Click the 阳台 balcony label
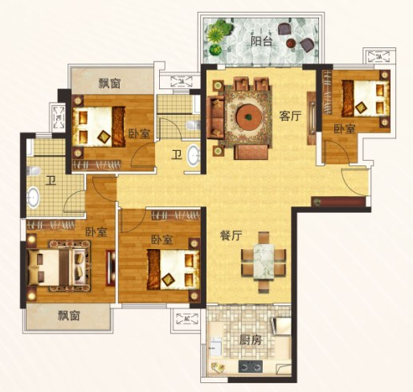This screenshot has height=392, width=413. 261,41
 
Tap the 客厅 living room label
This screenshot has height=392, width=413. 290,116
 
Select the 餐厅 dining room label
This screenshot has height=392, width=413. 231,235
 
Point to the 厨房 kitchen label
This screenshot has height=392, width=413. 250,341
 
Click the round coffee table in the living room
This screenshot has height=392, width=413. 248,116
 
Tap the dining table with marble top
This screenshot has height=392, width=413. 264,262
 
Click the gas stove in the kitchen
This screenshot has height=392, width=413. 251,366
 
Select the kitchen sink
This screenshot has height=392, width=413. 215,346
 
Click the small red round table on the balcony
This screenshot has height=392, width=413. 290,43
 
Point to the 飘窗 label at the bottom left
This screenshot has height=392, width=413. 69,316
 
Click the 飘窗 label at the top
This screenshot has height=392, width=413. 109,84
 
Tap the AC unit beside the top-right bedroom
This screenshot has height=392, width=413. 378,56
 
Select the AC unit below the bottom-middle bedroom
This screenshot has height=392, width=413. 186,319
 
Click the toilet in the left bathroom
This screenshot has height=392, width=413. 34,171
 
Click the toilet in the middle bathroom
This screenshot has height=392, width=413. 193,125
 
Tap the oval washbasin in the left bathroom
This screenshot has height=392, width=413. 33,198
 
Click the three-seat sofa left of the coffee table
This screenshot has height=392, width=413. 216,116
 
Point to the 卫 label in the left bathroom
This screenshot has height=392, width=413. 50,181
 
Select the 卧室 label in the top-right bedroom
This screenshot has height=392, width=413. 345,129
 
